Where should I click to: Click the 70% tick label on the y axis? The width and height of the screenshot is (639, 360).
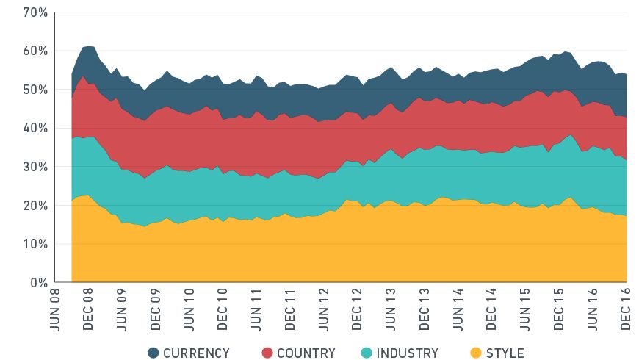coord(35,12)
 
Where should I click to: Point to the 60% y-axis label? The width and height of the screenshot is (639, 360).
coord(35,51)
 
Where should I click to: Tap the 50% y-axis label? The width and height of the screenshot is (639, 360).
coord(35,90)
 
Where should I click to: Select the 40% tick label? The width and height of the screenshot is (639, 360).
coord(35,128)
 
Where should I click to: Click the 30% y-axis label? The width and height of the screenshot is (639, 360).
coord(35,167)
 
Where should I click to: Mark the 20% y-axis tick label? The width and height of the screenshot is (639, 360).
coord(35,205)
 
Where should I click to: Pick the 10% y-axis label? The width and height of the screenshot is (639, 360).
coord(35,244)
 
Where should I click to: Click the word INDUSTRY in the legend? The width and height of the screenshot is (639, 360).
coord(407,353)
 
